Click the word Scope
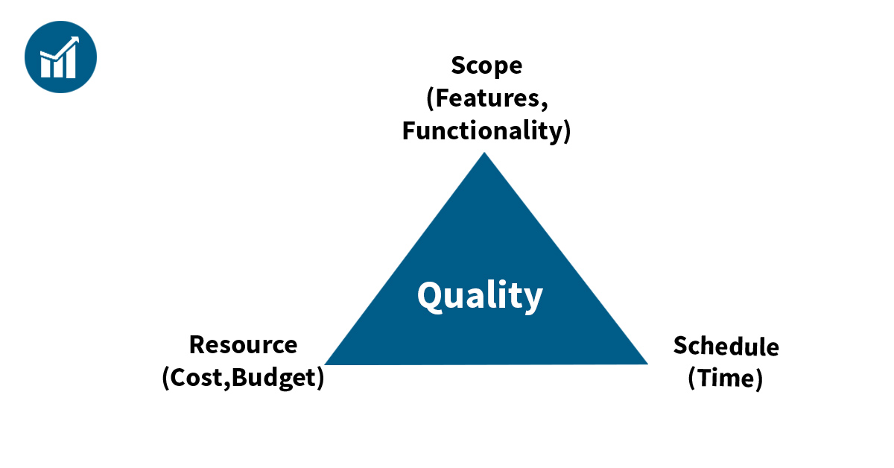(x=486, y=66)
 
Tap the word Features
(x=487, y=98)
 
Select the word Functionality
(x=482, y=131)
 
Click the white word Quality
(x=480, y=296)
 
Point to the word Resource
(x=243, y=345)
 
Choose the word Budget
(x=274, y=378)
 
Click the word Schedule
(x=726, y=346)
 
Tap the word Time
(x=726, y=378)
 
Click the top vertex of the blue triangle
(x=484, y=153)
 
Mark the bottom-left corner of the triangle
(x=326, y=364)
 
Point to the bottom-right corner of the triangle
(x=647, y=364)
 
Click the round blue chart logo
(x=60, y=57)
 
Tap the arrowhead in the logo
(x=74, y=41)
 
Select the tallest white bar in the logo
(x=71, y=62)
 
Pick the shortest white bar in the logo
(x=45, y=68)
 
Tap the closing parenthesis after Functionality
(x=567, y=131)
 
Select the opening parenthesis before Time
(x=692, y=379)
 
